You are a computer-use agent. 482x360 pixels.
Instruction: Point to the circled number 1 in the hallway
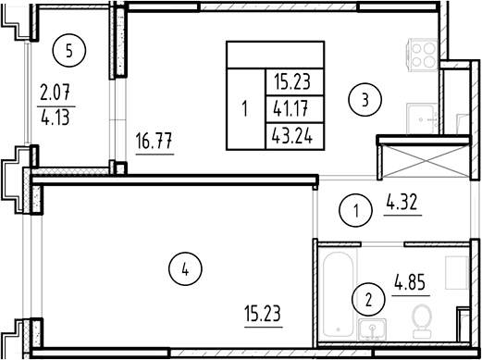pyautogui.click(x=355, y=212)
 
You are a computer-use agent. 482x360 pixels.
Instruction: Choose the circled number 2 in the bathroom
pyautogui.click(x=369, y=299)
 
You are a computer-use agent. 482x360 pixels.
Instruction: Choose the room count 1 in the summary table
pyautogui.click(x=244, y=107)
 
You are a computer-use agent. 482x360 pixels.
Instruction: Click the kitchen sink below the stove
pyautogui.click(x=425, y=115)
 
